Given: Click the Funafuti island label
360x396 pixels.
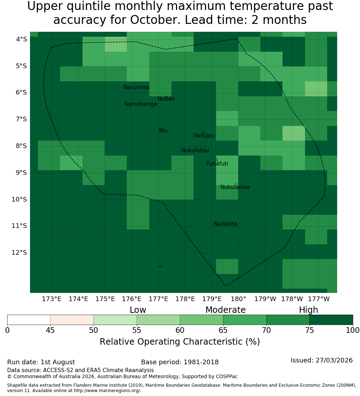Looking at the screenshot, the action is tap(217, 164).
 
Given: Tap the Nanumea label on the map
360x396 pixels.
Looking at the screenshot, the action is tap(136, 87).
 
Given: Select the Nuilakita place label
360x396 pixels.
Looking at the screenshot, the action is tap(225, 224).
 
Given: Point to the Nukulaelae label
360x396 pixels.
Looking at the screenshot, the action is tap(235, 187).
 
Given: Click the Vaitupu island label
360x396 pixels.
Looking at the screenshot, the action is tap(204, 135).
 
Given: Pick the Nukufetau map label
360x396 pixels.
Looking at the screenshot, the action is tap(195, 151).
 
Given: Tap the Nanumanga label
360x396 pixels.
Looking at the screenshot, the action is tap(141, 104).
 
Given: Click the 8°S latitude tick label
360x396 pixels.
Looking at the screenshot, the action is tap(21, 146).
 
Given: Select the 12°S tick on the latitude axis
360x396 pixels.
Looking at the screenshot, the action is tap(19, 253).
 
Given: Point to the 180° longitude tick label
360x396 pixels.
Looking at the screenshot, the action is tap(239, 299).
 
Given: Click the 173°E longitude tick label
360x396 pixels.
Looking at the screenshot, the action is tap(51, 299).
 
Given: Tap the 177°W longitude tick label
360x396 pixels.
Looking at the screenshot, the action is tap(319, 299).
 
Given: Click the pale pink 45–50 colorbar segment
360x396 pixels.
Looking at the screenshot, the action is tap(72, 320).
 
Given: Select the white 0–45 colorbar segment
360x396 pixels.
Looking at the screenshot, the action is tap(29, 320).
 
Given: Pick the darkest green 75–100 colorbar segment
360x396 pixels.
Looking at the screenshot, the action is tap(331, 320).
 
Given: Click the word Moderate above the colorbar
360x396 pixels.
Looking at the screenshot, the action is tap(225, 310).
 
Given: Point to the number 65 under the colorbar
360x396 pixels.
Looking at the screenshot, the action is tap(223, 330).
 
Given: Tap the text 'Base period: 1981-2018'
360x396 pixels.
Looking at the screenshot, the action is tap(180, 362).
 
